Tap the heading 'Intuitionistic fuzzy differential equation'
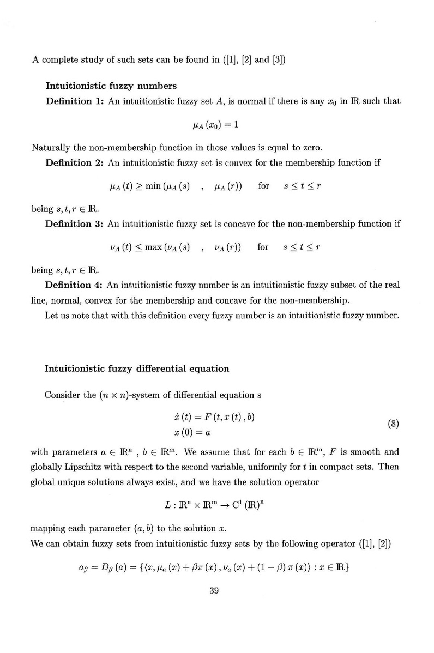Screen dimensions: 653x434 136,368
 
